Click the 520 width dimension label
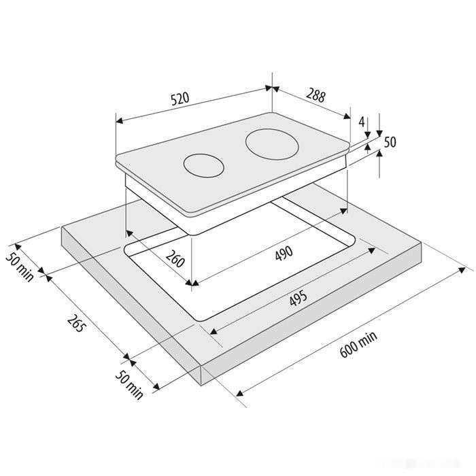pos(180,99)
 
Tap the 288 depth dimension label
pos(316,95)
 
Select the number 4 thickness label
pos(361,122)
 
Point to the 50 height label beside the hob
pos(390,142)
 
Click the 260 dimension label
pos(175,259)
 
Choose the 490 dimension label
pos(284,253)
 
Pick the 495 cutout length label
pos(298,299)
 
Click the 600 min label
pos(358,344)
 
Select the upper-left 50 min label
pos(20,267)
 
